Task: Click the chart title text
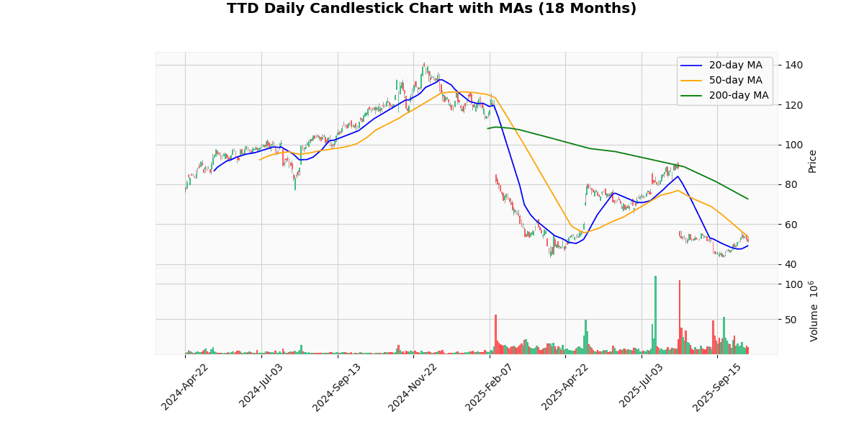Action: coord(431,9)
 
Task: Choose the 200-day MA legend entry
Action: coord(739,96)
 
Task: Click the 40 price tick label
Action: coord(791,264)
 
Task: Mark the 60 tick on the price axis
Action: coord(791,225)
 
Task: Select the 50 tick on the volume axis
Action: coord(791,320)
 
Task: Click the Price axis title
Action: coord(813,161)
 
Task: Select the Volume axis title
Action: coord(814,311)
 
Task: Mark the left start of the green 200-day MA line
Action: coord(487,128)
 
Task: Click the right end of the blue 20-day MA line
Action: coord(748,246)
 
